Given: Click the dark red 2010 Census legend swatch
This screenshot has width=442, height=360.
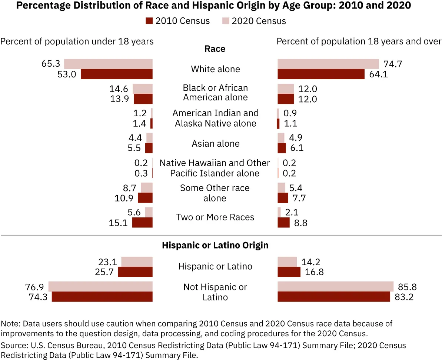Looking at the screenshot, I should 149,21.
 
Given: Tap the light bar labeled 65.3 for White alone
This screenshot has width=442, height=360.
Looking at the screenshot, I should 108,64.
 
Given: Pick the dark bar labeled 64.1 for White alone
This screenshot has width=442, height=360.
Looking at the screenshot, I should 321,74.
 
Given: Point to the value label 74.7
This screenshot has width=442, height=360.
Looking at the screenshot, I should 393,64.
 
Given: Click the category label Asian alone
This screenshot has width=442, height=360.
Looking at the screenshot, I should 215,143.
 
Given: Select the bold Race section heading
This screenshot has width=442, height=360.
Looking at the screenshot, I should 215,49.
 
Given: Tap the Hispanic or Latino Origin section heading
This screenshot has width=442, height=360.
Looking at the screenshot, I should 215,245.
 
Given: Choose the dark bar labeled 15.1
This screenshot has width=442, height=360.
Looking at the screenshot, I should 142,222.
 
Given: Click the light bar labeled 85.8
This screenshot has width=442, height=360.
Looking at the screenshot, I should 335,286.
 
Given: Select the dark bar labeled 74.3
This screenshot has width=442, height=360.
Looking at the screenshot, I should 102,297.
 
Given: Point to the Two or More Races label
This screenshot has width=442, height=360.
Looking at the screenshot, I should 215,217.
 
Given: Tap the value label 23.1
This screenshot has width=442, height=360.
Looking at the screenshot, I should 108,262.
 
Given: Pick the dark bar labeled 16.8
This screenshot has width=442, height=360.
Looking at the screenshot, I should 289,272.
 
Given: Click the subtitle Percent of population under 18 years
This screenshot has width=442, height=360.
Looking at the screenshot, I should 77,41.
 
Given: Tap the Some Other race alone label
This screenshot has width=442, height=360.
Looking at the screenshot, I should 215,193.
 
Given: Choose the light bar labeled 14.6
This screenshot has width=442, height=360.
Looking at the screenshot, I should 143,89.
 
